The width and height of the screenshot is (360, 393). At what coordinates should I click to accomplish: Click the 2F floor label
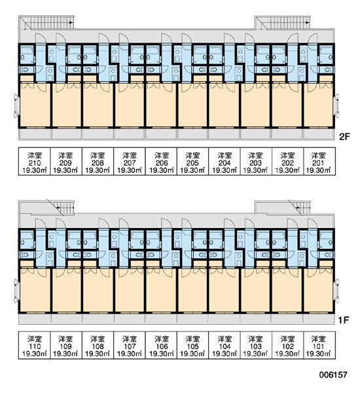[344, 137]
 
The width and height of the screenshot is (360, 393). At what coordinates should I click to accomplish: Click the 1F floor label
[344, 320]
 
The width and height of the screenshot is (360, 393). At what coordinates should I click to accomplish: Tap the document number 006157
[333, 375]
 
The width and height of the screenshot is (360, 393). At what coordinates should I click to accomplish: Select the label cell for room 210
[35, 161]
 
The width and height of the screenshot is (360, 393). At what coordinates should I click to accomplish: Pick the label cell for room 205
[192, 161]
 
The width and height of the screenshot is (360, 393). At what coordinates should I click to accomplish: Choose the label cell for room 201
[319, 161]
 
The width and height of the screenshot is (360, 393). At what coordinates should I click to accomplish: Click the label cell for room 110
[35, 345]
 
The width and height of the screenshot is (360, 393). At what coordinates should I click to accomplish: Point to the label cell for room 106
[161, 345]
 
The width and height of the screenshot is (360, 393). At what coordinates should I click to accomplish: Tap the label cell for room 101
[319, 345]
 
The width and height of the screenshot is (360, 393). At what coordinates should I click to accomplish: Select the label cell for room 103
[256, 345]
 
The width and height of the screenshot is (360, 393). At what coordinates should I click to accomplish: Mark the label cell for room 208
[98, 161]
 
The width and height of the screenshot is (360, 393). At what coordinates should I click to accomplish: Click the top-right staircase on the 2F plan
[283, 22]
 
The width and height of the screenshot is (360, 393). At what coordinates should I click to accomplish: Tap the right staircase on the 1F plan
[283, 208]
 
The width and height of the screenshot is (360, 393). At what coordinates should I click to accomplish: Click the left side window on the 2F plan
[16, 105]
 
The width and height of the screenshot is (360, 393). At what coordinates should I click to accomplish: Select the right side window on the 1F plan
[336, 290]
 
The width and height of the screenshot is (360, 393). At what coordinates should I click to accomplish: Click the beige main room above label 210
[35, 105]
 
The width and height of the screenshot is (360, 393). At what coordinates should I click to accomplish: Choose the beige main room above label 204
[225, 105]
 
